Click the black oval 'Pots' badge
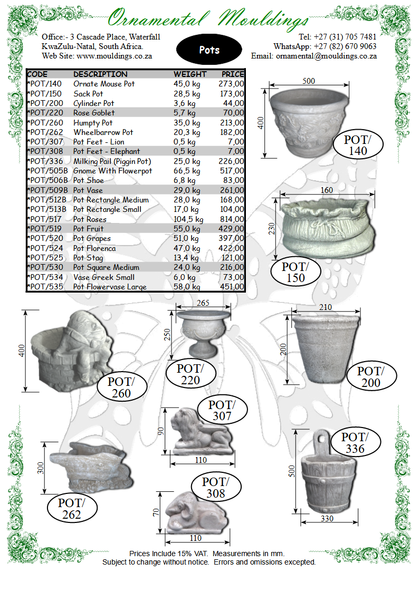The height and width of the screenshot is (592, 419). (209, 50)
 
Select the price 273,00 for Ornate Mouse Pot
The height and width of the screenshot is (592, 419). (231, 84)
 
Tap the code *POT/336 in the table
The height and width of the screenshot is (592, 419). (45, 161)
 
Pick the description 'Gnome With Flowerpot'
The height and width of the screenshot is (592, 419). (112, 171)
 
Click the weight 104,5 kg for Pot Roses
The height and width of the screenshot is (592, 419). (188, 219)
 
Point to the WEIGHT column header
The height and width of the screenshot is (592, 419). (189, 74)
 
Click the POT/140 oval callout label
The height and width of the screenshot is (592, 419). (358, 145)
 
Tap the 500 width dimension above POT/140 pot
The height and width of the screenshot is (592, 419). (309, 81)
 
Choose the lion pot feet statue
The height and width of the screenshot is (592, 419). (202, 432)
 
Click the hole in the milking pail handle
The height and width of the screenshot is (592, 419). (321, 439)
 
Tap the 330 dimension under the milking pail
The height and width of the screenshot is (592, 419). (327, 519)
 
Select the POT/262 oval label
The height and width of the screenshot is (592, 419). (72, 509)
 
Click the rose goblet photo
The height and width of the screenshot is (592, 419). (203, 334)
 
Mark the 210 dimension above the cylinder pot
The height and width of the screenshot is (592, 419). (325, 307)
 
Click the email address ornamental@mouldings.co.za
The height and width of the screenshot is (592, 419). (326, 56)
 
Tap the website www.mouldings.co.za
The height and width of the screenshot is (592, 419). (114, 56)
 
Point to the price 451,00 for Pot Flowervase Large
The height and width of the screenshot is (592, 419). (232, 287)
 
